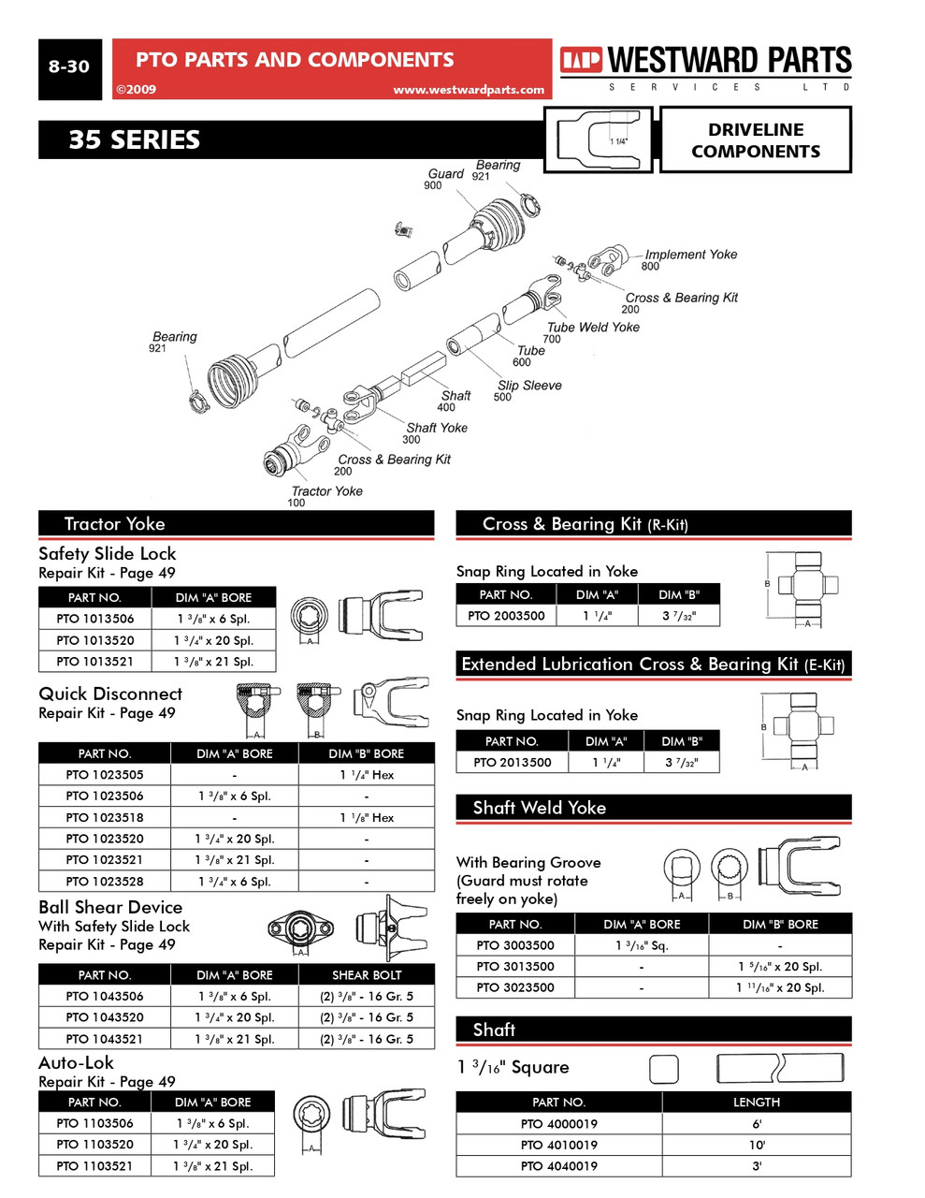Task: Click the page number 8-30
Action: pyautogui.click(x=69, y=66)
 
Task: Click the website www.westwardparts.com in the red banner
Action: pyautogui.click(x=468, y=90)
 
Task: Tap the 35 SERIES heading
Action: pyautogui.click(x=134, y=140)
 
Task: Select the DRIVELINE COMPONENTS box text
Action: pyautogui.click(x=755, y=140)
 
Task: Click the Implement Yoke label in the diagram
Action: pyautogui.click(x=690, y=255)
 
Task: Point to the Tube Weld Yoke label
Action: pyautogui.click(x=593, y=328)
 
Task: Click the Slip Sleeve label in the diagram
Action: pyautogui.click(x=529, y=386)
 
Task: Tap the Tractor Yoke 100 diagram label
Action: pyautogui.click(x=326, y=491)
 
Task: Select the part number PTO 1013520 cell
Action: pyautogui.click(x=94, y=640)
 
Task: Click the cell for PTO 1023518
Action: pyautogui.click(x=105, y=817)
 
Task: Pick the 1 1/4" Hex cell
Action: pyautogui.click(x=367, y=775)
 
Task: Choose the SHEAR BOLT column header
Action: pyautogui.click(x=367, y=974)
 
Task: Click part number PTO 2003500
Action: pyautogui.click(x=506, y=616)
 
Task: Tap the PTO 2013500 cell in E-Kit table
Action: pyautogui.click(x=512, y=762)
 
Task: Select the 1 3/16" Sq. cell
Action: pyautogui.click(x=642, y=945)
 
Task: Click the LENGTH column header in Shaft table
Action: pyautogui.click(x=756, y=1103)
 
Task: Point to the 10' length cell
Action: pyautogui.click(x=756, y=1145)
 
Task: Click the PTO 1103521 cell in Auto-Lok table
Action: pyautogui.click(x=94, y=1166)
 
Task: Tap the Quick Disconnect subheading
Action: pyautogui.click(x=110, y=694)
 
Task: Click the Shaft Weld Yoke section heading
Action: pyautogui.click(x=539, y=808)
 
